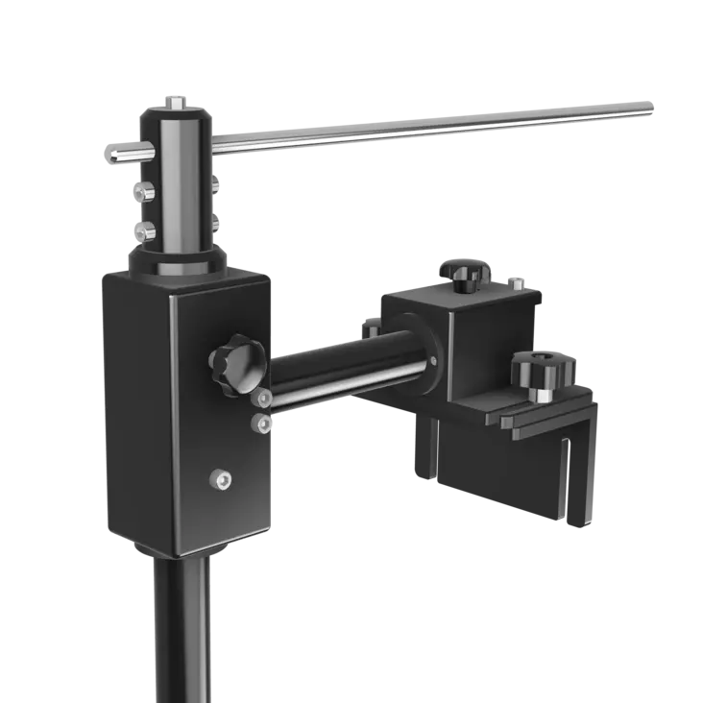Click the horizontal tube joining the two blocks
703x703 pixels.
[336, 365]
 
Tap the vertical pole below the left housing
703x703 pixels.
[180, 624]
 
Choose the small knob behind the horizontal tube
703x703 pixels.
[372, 326]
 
